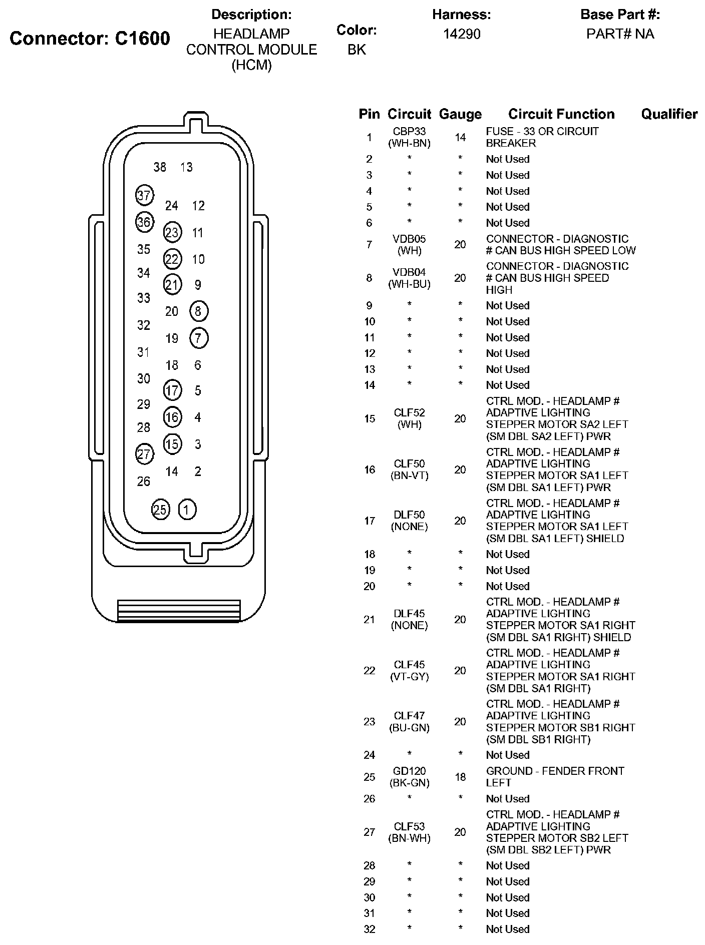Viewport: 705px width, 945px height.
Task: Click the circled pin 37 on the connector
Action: [x=144, y=195]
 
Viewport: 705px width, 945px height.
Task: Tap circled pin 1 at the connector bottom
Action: [x=187, y=510]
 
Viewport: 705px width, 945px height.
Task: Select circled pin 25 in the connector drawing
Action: [x=160, y=510]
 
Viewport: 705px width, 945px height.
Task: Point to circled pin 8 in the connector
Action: [x=198, y=311]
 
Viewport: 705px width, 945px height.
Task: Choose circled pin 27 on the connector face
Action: [x=144, y=454]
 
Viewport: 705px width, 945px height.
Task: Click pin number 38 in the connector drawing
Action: [x=160, y=167]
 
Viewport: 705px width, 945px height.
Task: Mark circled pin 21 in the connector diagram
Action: [x=172, y=285]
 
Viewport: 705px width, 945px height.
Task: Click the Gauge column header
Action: [x=460, y=115]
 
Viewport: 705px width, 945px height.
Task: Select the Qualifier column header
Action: [x=669, y=115]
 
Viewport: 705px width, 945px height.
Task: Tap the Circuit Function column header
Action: [x=561, y=115]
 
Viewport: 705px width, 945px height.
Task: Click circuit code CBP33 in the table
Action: [x=409, y=132]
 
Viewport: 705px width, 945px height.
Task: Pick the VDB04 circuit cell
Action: [x=409, y=272]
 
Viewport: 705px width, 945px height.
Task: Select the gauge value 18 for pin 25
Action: [x=460, y=777]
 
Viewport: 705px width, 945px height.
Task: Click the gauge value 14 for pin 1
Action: [x=460, y=137]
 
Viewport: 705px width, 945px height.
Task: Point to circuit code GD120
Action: [x=409, y=771]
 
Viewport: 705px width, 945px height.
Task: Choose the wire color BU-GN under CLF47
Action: [x=409, y=728]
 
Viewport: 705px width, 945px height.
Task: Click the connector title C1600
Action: [x=143, y=39]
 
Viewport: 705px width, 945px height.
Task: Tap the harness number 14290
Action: [x=461, y=34]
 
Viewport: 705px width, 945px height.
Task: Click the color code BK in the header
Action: [x=357, y=50]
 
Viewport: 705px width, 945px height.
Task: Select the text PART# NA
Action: [x=620, y=34]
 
